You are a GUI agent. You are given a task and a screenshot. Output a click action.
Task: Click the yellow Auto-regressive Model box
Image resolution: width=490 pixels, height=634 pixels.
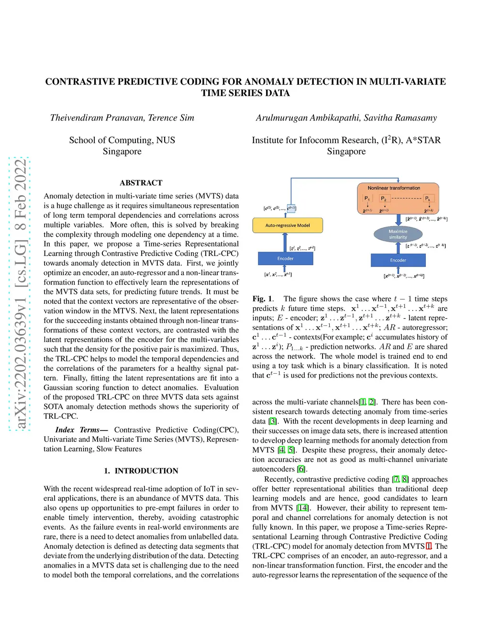click(288, 225)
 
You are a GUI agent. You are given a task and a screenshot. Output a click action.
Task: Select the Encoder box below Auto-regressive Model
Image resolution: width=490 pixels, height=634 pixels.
click(285, 258)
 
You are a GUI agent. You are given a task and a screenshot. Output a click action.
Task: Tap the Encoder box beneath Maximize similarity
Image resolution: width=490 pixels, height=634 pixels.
click(398, 260)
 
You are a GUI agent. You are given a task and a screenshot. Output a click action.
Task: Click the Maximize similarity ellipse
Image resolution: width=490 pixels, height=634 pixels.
click(398, 234)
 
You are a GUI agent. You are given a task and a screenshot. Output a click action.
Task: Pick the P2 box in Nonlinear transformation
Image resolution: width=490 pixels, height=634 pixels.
click(384, 199)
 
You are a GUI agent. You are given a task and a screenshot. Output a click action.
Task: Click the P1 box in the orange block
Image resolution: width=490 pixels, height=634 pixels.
click(367, 199)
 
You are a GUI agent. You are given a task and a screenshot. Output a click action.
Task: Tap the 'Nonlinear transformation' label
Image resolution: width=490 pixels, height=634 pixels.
click(394, 188)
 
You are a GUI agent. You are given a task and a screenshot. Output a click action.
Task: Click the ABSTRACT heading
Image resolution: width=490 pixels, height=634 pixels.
click(141, 183)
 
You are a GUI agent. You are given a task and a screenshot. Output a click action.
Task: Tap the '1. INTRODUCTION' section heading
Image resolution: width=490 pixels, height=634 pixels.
click(141, 471)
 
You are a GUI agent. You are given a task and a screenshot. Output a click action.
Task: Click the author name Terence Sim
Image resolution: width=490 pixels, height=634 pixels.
click(171, 118)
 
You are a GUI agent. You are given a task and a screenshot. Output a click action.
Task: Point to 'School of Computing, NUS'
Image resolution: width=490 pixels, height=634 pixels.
click(122, 140)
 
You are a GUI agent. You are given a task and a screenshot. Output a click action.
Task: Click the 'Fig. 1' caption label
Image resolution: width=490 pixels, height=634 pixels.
click(262, 299)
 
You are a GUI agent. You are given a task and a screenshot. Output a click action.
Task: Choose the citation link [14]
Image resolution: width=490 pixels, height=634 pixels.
click(302, 508)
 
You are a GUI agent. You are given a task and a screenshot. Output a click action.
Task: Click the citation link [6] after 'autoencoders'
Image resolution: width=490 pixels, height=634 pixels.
click(301, 469)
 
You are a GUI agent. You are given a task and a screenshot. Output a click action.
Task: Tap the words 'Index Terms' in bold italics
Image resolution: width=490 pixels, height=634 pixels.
click(78, 430)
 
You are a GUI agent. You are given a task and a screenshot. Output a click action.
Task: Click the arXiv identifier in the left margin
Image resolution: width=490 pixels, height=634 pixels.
click(20, 294)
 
